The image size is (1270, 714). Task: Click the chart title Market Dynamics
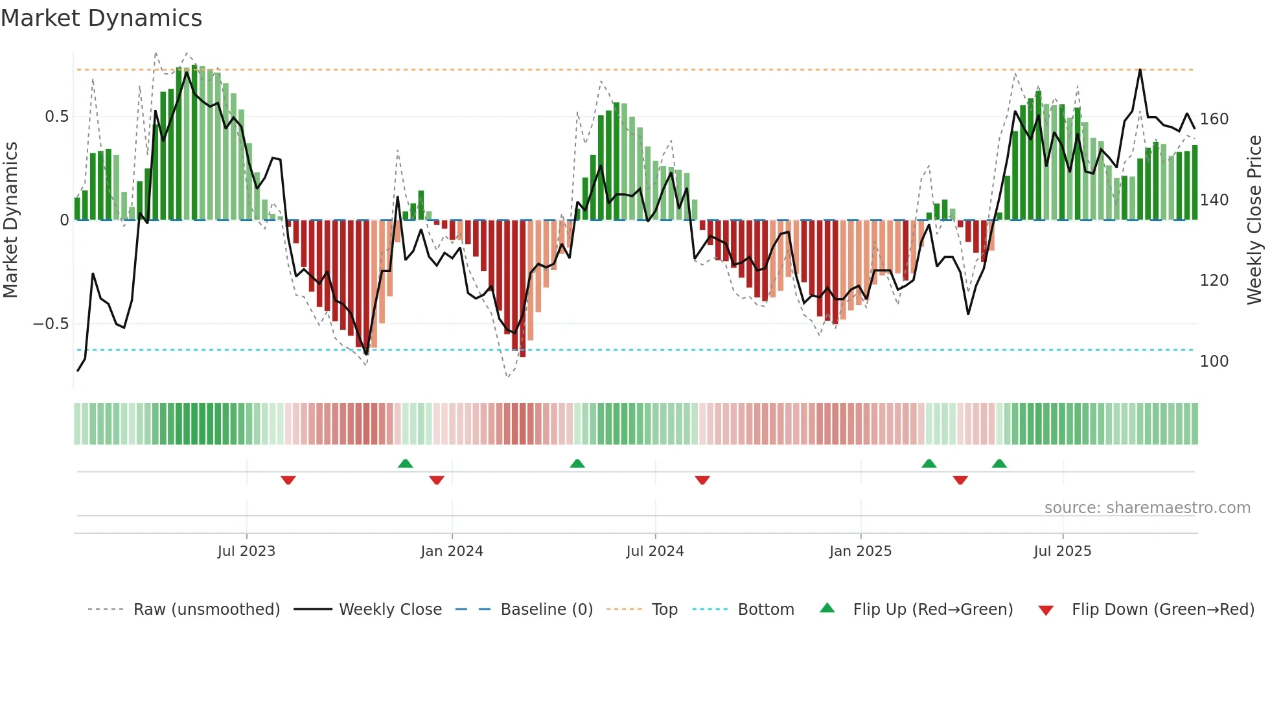coord(102,18)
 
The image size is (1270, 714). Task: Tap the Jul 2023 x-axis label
coord(246,551)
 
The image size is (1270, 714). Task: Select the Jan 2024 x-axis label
coord(452,551)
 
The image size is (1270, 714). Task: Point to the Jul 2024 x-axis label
coord(655,551)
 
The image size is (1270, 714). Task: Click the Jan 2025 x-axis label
coord(860,551)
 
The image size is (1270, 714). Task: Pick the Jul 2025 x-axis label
coord(1063,551)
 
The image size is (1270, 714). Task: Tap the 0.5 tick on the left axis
coord(56,117)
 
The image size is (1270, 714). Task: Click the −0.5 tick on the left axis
coord(51,324)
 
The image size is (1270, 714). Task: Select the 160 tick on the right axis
coord(1214,119)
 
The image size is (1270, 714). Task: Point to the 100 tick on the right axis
coord(1214,362)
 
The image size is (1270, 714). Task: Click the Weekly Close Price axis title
coord(1254,220)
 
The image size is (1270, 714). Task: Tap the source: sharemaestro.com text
coord(1147,508)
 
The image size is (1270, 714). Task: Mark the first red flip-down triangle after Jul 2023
coord(288,480)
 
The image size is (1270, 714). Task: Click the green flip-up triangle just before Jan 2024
coord(405,463)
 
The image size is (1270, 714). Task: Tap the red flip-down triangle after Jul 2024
coord(702,480)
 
